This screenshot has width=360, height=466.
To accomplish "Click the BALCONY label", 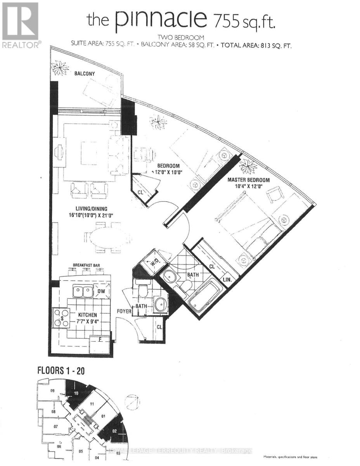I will click(x=85, y=73).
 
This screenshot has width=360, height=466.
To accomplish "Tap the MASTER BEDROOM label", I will click(x=248, y=180).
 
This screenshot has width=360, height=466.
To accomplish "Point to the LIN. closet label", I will click(x=228, y=280).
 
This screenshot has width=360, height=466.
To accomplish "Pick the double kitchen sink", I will click(x=83, y=291).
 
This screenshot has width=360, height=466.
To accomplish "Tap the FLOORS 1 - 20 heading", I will click(x=61, y=370).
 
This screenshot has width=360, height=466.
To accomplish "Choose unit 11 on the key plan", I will click(x=92, y=404).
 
